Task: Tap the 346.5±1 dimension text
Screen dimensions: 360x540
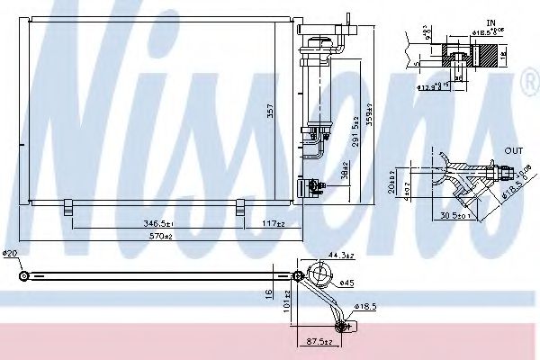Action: [x=157, y=221]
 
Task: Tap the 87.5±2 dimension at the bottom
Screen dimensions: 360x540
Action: [x=320, y=343]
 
